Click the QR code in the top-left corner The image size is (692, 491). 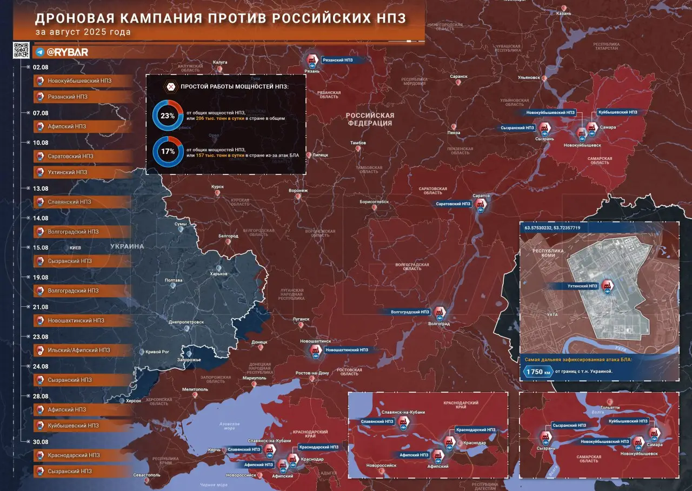(x=21, y=50)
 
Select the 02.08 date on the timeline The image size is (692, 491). (x=41, y=67)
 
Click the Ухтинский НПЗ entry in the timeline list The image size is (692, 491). (x=67, y=172)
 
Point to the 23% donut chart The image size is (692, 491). (x=168, y=115)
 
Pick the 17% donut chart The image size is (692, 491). (x=168, y=151)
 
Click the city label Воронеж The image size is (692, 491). (x=298, y=190)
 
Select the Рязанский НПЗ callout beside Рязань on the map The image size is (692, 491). (x=337, y=60)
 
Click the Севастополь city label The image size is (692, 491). (x=146, y=475)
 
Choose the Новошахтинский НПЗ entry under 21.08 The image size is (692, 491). (x=76, y=320)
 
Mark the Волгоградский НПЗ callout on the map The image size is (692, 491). (x=410, y=312)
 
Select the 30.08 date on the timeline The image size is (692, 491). (x=41, y=442)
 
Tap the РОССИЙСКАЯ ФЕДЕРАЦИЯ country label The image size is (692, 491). (x=370, y=119)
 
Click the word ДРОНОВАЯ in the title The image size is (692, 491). (x=75, y=18)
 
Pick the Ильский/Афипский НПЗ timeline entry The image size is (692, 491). (x=79, y=350)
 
